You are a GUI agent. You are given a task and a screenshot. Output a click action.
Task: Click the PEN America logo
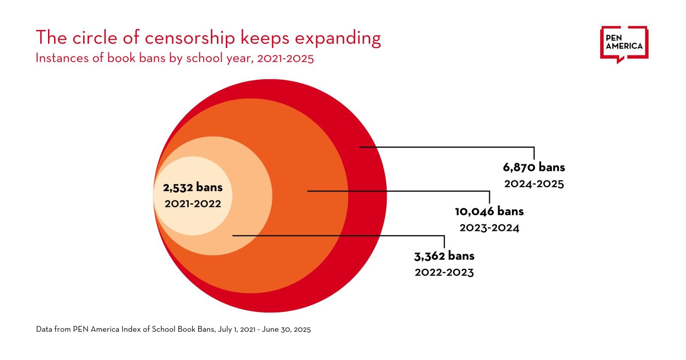point(624,43)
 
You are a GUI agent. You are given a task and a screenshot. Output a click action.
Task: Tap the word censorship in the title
point(190,38)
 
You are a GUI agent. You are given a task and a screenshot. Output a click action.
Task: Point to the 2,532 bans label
point(193,187)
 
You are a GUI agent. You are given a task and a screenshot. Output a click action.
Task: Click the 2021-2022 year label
point(193,204)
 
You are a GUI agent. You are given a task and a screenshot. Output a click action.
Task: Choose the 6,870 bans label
point(534,167)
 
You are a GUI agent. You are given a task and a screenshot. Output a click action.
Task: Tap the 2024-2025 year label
point(534,184)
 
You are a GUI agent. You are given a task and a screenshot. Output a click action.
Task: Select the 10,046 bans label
point(489,211)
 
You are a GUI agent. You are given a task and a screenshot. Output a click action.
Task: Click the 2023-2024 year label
point(489,228)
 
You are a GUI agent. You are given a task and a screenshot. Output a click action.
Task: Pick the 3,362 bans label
point(444,256)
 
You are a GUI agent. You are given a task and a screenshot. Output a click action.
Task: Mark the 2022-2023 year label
point(444,273)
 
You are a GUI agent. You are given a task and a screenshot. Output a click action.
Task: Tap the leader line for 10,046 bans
point(399,191)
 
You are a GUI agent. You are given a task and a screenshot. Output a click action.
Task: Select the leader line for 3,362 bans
point(339,235)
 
